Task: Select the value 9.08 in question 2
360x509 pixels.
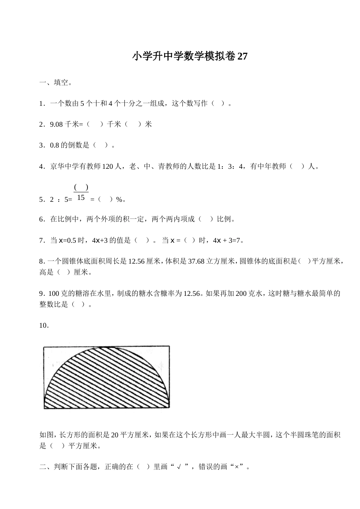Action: point(56,124)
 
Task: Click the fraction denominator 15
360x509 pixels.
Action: point(81,198)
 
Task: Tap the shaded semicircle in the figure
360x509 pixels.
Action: point(106,379)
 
